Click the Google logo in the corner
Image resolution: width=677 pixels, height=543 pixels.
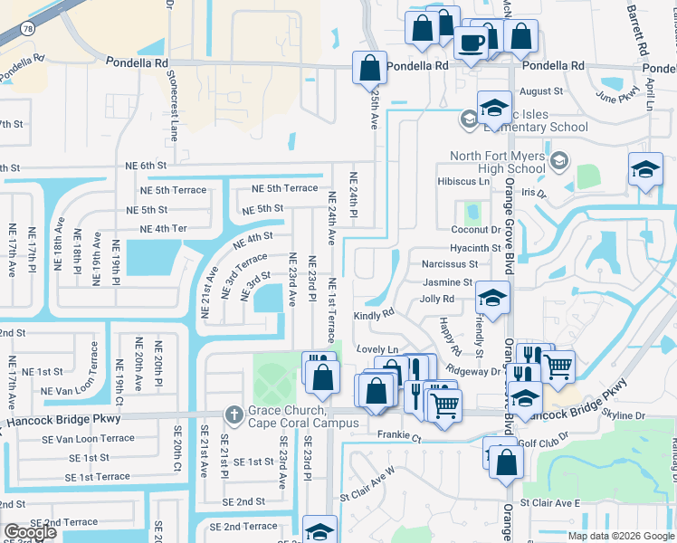pos(30,532)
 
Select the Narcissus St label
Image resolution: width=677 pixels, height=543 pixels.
pos(449,264)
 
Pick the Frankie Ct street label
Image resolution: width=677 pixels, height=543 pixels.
pos(399,436)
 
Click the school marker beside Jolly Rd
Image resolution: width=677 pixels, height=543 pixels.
pos(492,297)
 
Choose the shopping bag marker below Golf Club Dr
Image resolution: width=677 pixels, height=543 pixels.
pos(508,461)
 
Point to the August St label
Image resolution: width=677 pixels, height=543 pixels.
pos(541,91)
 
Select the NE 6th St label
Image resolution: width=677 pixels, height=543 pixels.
pos(147,166)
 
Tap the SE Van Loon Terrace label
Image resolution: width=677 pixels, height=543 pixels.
pos(88,438)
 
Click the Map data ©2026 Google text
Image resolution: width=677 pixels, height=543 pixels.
pos(620,536)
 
